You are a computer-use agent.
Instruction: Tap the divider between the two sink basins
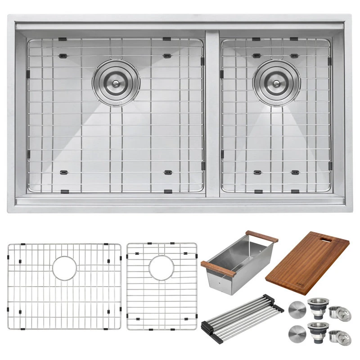tap(212, 112)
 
